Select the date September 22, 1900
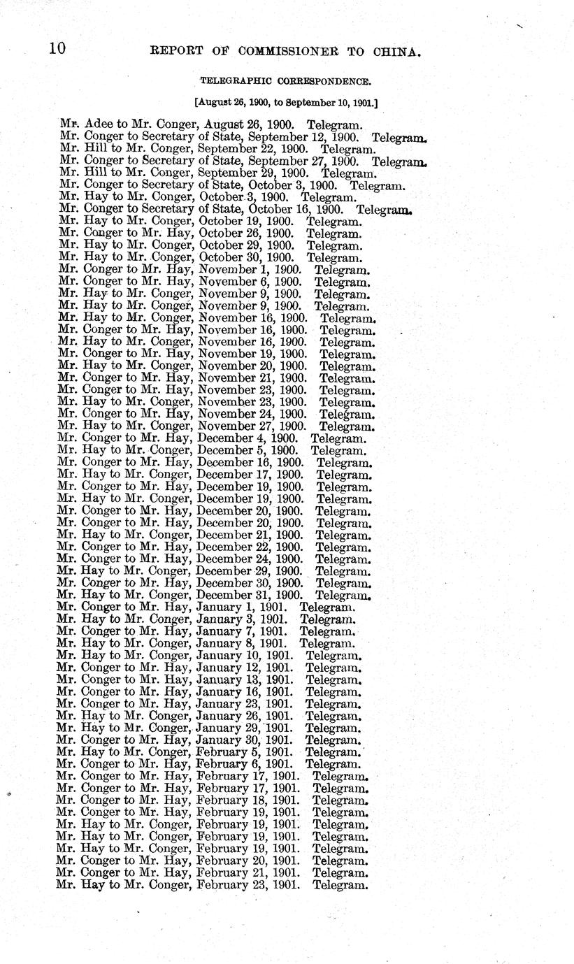click(x=253, y=148)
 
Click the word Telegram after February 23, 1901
click(x=340, y=885)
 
